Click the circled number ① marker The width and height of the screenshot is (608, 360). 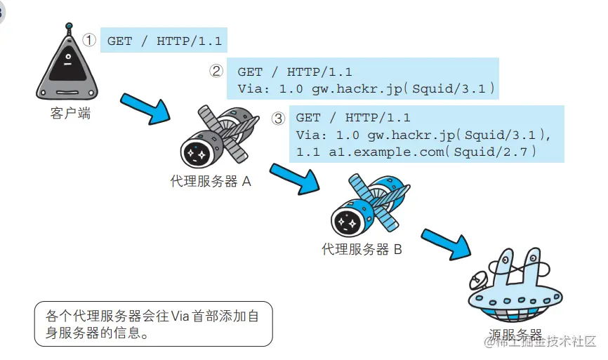89,40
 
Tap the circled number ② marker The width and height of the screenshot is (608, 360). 217,71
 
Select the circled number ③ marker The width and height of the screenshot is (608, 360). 279,118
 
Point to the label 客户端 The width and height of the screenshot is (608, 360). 70,114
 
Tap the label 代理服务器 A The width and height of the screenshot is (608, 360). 211,181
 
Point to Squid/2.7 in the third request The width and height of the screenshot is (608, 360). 496,152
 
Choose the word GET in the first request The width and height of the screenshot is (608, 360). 119,41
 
